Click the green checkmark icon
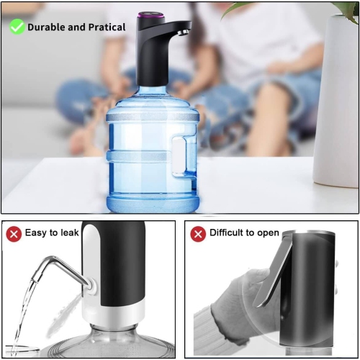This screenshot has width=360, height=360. [16, 27]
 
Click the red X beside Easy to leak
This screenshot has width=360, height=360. [14, 233]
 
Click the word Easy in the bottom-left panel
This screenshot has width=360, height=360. [37, 233]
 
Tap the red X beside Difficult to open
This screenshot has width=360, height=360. [197, 233]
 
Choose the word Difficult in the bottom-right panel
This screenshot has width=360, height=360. [226, 233]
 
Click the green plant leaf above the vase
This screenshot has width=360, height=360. [346, 9]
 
